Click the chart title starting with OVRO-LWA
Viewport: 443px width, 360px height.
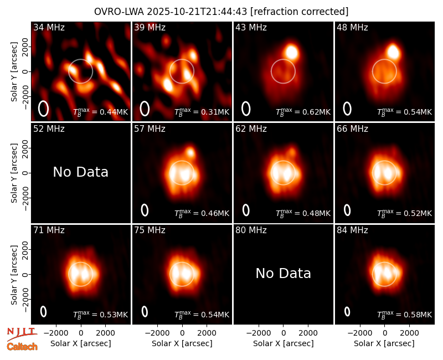tap(221, 12)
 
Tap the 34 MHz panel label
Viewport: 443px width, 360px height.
tap(49, 27)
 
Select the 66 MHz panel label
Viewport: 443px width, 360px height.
tap(352, 129)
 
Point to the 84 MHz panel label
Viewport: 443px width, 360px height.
tap(352, 230)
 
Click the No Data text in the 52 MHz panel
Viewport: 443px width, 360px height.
tap(80, 172)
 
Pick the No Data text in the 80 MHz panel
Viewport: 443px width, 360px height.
tap(283, 273)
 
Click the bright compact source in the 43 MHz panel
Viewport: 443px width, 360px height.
tap(292, 52)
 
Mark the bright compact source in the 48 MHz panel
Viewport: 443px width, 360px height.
tap(393, 52)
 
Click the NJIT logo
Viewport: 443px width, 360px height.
tap(22, 334)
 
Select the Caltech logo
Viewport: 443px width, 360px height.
tap(22, 347)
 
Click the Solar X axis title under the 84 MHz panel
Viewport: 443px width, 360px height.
tap(384, 343)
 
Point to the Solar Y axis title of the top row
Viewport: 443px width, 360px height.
tap(14, 72)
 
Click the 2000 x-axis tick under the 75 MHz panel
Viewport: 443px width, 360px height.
tap(207, 333)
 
